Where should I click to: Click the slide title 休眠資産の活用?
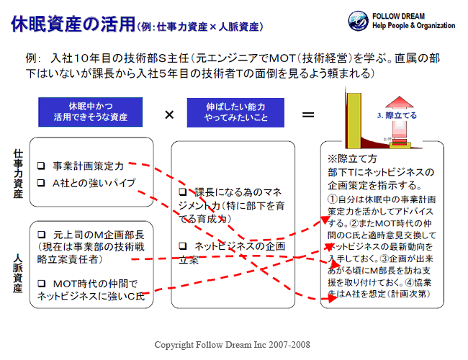(71, 24)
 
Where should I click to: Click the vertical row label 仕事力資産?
(18, 174)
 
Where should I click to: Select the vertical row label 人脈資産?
(18, 273)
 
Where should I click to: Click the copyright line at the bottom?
(233, 345)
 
